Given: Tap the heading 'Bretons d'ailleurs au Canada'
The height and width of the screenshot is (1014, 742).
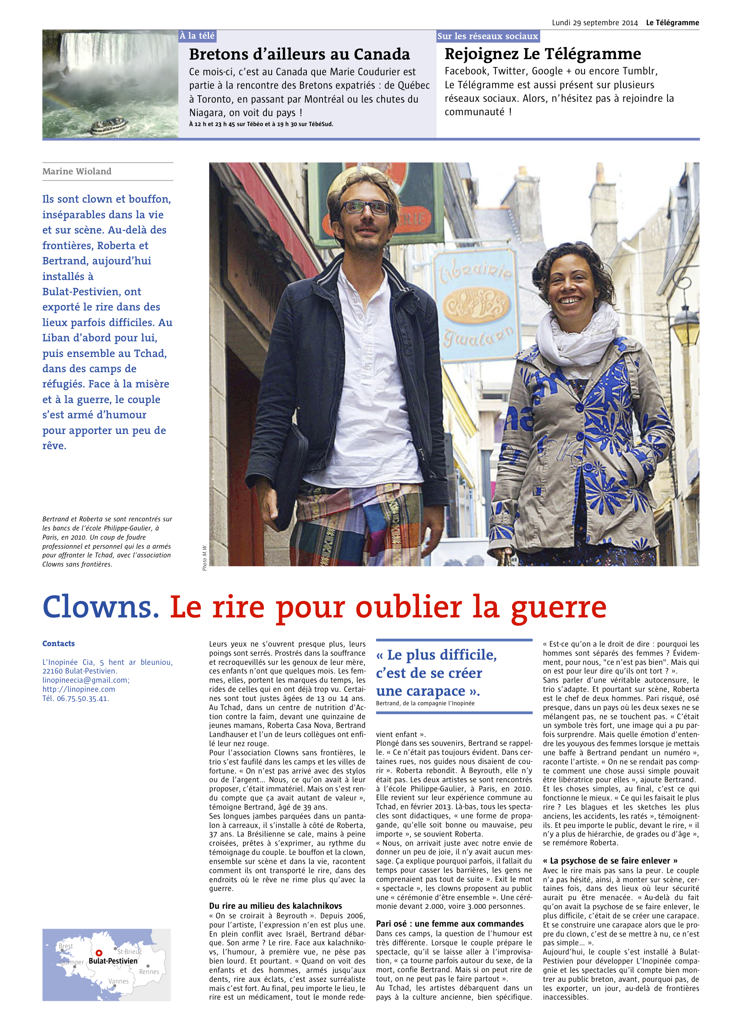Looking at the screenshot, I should point(299,54).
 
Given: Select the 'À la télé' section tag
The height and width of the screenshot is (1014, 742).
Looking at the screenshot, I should point(197,36).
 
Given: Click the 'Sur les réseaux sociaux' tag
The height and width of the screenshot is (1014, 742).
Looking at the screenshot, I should point(487,37).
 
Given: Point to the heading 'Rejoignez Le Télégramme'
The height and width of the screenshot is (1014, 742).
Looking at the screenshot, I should point(542,54).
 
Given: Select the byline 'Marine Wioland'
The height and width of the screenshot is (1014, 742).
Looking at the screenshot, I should point(77,171).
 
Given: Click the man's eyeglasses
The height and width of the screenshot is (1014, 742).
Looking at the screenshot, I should point(366,207).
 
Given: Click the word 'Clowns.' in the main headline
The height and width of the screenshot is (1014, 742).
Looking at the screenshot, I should point(100,607).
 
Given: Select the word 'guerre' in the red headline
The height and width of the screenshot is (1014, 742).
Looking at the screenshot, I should point(558,607).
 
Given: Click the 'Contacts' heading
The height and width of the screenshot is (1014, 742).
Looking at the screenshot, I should point(58,644).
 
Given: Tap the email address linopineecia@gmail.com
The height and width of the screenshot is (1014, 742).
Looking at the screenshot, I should point(85,680).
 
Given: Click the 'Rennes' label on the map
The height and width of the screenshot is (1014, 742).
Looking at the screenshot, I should point(149,971).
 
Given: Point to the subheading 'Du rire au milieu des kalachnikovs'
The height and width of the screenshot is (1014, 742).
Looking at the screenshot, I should point(275,905).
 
